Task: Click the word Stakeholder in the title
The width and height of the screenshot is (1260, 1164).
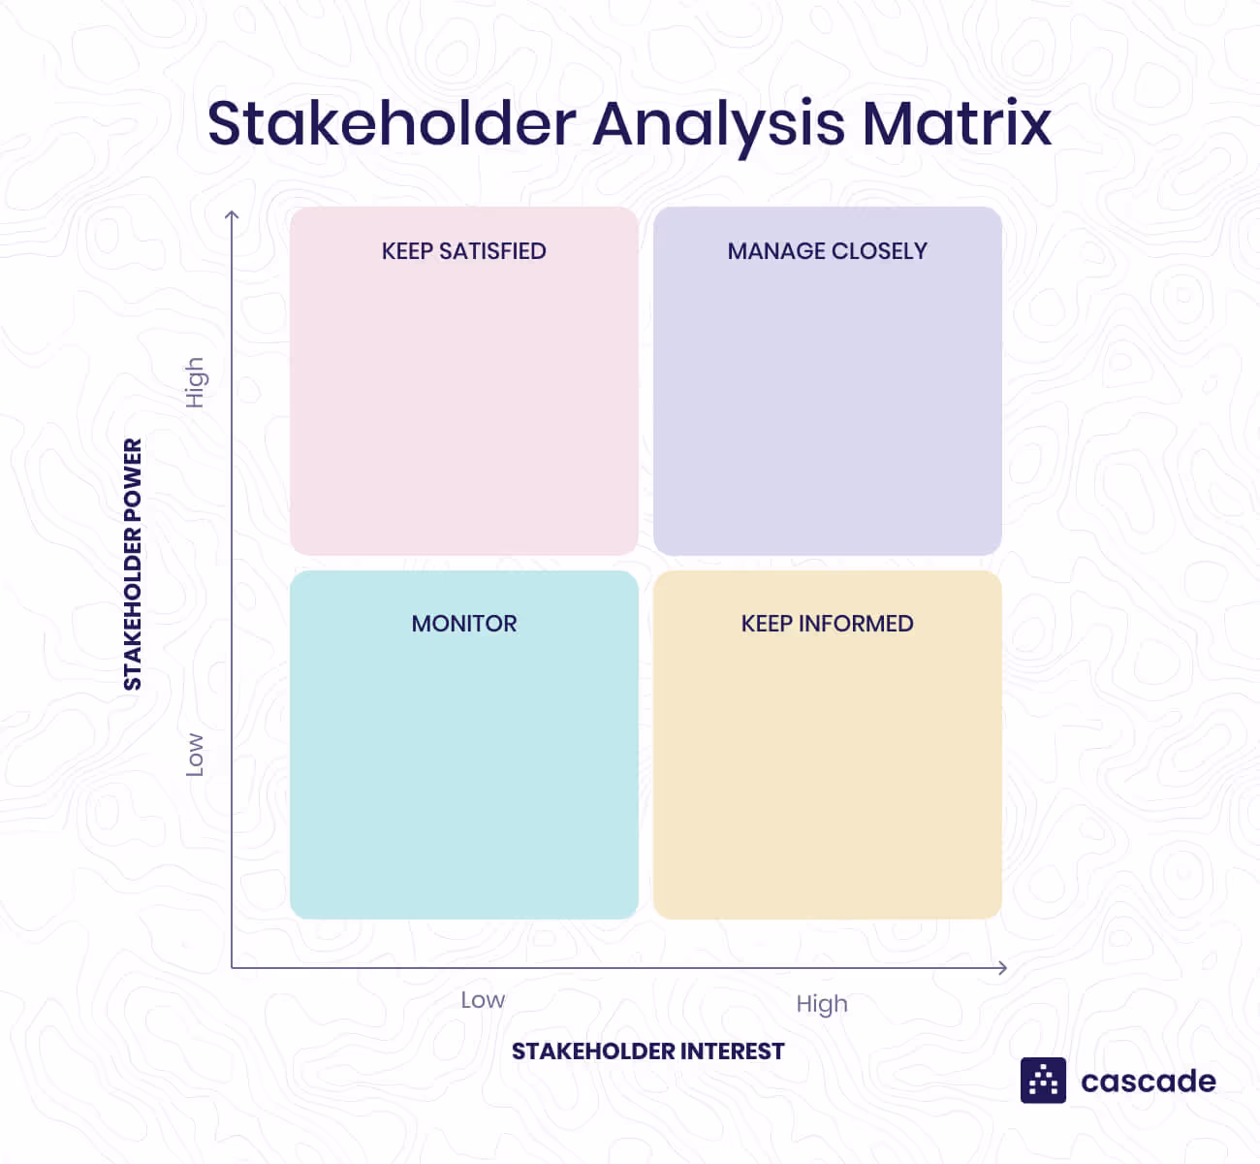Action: point(392,124)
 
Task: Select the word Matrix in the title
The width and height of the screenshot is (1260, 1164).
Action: point(956,124)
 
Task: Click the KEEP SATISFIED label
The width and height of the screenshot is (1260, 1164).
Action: point(463,251)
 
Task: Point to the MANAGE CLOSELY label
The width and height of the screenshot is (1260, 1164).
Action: point(827,251)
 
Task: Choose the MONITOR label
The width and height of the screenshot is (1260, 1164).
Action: point(464,624)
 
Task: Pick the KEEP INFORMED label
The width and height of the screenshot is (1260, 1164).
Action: point(827,624)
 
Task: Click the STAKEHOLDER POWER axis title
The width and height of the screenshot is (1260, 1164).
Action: point(133,565)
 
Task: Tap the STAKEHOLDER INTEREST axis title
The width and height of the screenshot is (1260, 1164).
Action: point(647,1051)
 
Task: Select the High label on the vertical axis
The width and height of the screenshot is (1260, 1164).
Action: point(195,382)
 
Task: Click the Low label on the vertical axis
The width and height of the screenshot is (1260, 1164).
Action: point(195,755)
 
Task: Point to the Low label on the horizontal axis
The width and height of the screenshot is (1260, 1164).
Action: point(483,1000)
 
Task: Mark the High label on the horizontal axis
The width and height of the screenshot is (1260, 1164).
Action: point(822,1004)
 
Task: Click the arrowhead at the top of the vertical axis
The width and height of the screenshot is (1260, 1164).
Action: point(232,214)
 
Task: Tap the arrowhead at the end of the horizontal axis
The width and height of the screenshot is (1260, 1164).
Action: point(1003,967)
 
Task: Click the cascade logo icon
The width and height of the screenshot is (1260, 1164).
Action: point(1043,1081)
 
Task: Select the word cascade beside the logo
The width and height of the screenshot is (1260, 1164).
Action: point(1148,1082)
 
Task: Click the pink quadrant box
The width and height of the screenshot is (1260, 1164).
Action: point(463,407)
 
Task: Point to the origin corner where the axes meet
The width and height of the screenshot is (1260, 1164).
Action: point(232,967)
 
